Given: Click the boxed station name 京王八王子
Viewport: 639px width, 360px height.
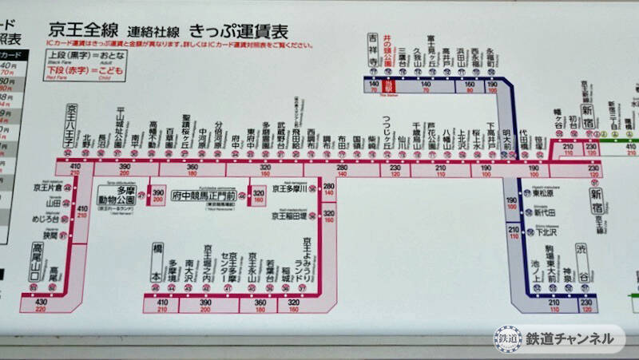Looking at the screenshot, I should (x=70, y=126).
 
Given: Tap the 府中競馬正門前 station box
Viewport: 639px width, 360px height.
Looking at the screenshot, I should (x=204, y=195).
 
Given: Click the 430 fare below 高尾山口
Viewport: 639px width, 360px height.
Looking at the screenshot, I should (x=42, y=302).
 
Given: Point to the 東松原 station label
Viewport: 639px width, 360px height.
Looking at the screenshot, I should (x=544, y=192).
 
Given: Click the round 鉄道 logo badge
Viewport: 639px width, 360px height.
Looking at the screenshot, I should (x=507, y=338).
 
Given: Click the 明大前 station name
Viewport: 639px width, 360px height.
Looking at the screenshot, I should (x=506, y=132).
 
